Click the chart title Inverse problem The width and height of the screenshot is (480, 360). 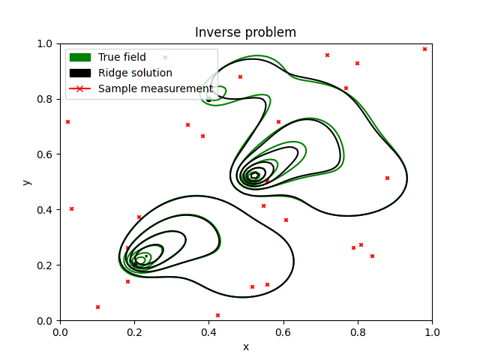point(245,32)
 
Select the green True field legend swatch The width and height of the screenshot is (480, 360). point(79,57)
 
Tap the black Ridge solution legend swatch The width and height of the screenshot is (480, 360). point(79,73)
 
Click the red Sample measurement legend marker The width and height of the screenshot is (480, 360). point(79,88)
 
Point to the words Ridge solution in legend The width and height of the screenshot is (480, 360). point(135,73)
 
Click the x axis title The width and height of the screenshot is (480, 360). point(245,346)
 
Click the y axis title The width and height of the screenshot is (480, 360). point(26,182)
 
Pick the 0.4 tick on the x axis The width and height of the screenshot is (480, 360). point(208,331)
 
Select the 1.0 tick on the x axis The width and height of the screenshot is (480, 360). point(432,331)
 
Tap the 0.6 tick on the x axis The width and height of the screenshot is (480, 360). point(283,331)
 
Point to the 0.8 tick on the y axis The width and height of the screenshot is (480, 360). point(46,99)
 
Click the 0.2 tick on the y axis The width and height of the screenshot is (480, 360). point(46,265)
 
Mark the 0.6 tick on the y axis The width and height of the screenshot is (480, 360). point(46,154)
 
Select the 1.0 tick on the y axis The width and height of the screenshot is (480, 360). point(46,43)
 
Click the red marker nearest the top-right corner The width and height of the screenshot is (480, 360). point(424,49)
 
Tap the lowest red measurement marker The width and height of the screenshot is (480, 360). point(217,315)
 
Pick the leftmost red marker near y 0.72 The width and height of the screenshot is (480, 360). point(67,121)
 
